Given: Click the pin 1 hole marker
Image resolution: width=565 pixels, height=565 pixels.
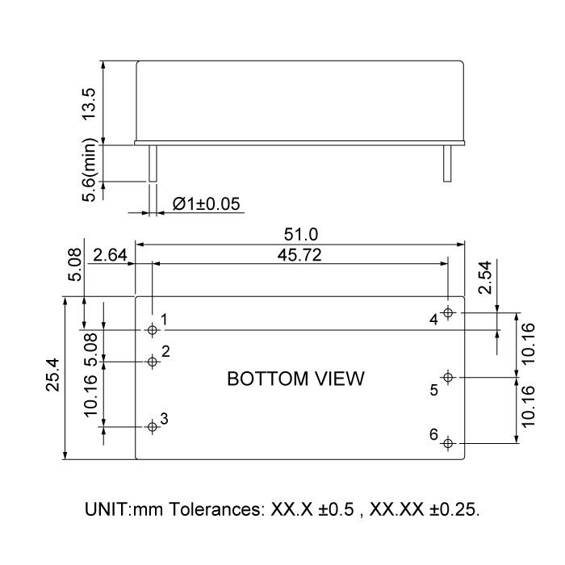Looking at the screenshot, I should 153,329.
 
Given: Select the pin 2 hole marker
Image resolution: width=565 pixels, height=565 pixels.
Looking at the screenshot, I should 153,361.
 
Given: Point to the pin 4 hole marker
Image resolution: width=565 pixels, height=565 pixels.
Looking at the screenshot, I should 449,312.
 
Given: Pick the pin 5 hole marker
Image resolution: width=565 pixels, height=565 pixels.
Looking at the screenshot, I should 449,376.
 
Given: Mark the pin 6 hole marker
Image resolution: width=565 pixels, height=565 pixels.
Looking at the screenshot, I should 449,442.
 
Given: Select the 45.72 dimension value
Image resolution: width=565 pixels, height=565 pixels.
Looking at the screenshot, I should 299,254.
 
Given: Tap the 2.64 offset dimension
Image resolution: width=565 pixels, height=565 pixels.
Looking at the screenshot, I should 108,255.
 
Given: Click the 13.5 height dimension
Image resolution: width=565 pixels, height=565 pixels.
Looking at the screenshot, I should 90,103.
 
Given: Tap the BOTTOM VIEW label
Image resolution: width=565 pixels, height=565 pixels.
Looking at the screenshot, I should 296,379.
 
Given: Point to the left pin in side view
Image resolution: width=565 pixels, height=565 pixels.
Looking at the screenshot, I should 151,164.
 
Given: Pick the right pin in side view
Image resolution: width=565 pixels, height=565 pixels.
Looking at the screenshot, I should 446,164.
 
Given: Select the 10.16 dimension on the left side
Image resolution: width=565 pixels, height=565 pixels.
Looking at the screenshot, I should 90,395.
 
